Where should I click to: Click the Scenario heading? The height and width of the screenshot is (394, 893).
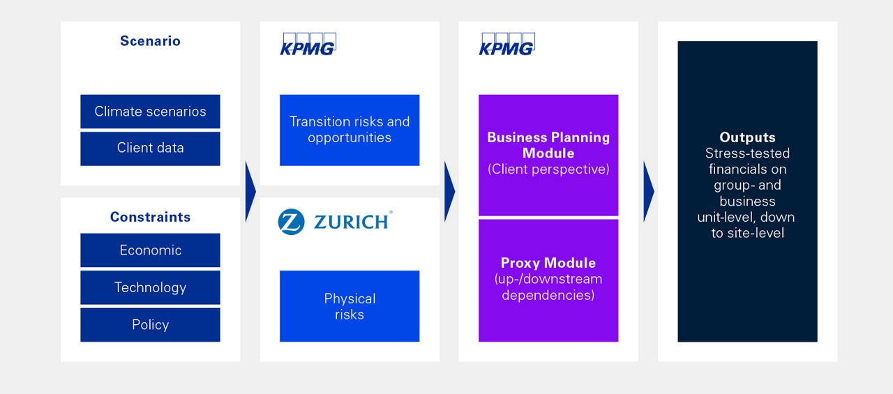click(150, 41)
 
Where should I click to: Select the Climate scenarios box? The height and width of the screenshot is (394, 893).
click(150, 112)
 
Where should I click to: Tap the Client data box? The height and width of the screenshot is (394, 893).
click(150, 148)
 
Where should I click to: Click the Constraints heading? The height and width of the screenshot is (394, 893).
click(150, 217)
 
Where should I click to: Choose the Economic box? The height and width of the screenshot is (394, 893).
click(150, 250)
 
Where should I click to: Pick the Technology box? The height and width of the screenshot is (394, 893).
click(150, 287)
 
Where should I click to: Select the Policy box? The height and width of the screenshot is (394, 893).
click(150, 324)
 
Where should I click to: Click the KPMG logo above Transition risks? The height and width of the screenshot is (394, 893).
click(308, 44)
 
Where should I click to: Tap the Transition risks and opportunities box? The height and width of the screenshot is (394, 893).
click(350, 130)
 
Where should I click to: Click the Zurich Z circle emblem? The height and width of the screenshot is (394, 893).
click(291, 222)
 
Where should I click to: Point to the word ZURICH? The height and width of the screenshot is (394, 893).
click(351, 222)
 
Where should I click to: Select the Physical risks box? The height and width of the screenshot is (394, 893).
click(350, 306)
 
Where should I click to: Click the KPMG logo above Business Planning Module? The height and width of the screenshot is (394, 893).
click(506, 44)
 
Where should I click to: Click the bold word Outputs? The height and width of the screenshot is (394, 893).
click(747, 137)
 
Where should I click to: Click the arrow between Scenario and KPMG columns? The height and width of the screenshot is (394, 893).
click(250, 191)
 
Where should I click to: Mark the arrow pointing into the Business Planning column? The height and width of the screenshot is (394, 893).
click(449, 191)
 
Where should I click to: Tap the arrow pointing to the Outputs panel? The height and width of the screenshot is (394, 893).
click(648, 191)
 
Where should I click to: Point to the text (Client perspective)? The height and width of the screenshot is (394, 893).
click(548, 169)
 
